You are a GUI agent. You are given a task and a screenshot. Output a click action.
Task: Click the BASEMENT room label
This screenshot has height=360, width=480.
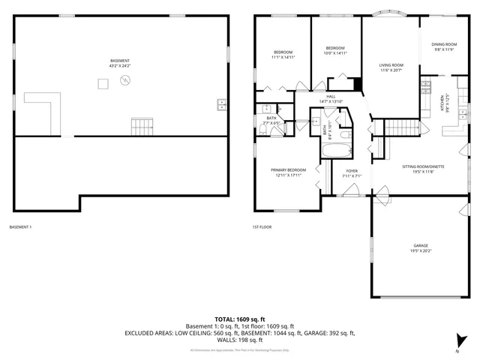coord(120,61)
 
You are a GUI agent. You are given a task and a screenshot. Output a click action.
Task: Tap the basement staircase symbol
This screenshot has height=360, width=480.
coord(141,127)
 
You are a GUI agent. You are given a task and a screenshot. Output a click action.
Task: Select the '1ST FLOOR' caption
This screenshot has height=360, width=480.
coord(262,227)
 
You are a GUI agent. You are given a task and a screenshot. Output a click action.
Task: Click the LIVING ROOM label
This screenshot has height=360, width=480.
coord(390,64)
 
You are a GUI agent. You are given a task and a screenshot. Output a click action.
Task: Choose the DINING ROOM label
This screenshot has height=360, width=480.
coord(444,44)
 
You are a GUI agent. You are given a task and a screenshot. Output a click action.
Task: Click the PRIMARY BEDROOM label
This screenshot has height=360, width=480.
coord(288,170)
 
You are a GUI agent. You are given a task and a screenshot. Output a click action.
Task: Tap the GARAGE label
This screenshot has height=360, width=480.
coord(420,246)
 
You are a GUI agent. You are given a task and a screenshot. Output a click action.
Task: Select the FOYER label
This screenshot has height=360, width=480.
coord(351,171)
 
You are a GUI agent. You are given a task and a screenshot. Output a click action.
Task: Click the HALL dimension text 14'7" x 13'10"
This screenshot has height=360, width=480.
coord(331,101)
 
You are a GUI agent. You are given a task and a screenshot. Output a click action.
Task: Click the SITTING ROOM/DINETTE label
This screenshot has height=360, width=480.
coord(423,166)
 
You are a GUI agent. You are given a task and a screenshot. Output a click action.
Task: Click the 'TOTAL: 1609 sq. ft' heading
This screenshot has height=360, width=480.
coord(239,319)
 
